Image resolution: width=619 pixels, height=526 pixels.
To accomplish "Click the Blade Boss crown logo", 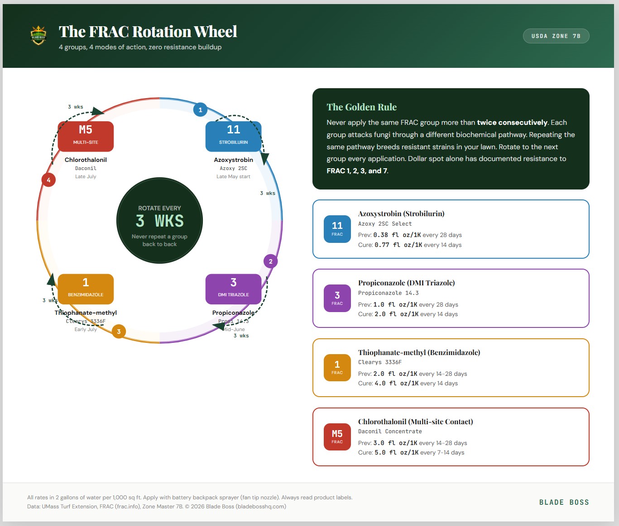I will (x=38, y=35).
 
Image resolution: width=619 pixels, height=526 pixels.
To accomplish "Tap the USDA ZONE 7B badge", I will (x=556, y=36).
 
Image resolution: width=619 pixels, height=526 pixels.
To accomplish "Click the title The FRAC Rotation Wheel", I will (x=148, y=32).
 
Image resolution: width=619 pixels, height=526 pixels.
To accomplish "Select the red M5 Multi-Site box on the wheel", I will (x=86, y=136).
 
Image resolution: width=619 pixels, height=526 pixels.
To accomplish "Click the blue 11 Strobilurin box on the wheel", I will (x=233, y=136).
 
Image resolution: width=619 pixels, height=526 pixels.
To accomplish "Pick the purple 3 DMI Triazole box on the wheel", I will (x=233, y=289).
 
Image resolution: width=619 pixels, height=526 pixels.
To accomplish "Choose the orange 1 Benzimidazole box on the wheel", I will (x=86, y=289).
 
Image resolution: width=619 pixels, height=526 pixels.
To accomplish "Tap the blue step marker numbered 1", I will (x=200, y=109).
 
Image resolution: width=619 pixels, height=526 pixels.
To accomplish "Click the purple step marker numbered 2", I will (x=270, y=261).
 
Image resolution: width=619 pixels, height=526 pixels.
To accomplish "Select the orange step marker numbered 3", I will (x=119, y=332).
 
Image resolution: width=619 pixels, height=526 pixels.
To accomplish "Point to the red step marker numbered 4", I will (x=48, y=180).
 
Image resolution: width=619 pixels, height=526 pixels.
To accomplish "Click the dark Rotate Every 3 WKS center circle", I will (x=159, y=221).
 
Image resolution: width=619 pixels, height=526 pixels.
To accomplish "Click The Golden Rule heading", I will (x=361, y=107).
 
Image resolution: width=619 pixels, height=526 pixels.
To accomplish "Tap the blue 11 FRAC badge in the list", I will (x=337, y=229).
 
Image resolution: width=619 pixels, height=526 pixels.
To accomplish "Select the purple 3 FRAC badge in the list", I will (x=337, y=298).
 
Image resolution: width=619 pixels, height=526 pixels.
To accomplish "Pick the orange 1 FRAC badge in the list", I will (x=337, y=367).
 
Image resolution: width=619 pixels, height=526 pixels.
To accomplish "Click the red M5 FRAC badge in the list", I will (x=337, y=436).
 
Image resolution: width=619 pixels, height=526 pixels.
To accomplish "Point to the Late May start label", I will (x=233, y=176).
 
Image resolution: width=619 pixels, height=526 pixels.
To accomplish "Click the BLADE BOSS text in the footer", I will (x=564, y=502).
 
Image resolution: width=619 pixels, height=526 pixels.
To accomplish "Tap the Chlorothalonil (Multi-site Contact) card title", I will (x=415, y=422).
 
